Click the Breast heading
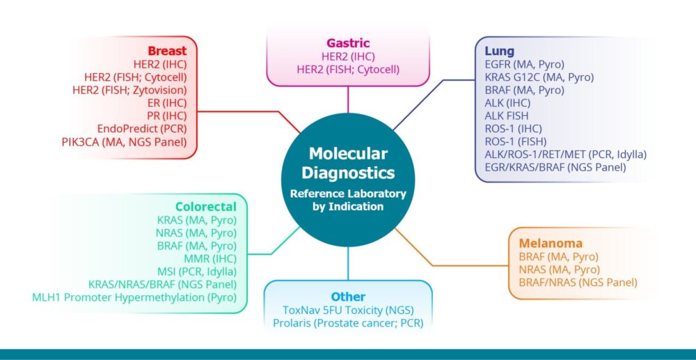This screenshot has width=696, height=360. pyautogui.click(x=167, y=51)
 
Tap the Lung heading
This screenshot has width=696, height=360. pyautogui.click(x=500, y=51)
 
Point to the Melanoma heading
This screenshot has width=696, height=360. pyautogui.click(x=550, y=244)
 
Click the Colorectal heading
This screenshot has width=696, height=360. pyautogui.click(x=206, y=207)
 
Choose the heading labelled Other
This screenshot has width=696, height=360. pyautogui.click(x=348, y=297)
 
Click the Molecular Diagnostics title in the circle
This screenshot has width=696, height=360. pyautogui.click(x=348, y=163)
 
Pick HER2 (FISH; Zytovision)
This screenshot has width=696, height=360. pyautogui.click(x=129, y=90)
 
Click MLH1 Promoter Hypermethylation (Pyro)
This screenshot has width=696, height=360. pyautogui.click(x=134, y=297)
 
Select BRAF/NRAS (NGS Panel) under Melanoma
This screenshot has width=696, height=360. pyautogui.click(x=578, y=283)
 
